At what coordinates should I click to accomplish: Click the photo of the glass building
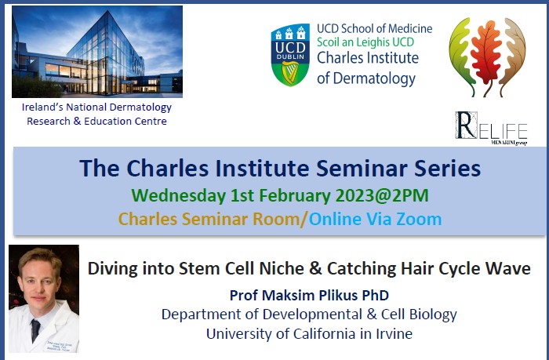[x=97, y=52]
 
